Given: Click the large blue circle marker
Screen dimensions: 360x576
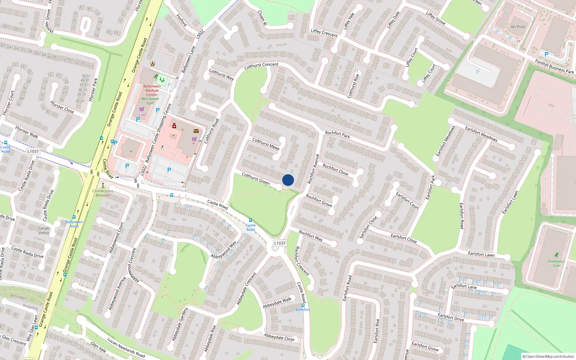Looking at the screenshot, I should (x=288, y=180).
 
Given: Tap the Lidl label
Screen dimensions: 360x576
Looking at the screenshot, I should (x=142, y=115).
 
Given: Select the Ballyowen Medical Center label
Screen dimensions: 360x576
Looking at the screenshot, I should (x=152, y=90).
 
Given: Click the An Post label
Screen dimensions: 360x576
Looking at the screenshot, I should (x=518, y=27).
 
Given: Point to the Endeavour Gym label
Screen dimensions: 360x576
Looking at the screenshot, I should (x=556, y=263).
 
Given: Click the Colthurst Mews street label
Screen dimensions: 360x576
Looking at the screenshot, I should (x=266, y=144).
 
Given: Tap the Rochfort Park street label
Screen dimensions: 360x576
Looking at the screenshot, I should (x=337, y=135).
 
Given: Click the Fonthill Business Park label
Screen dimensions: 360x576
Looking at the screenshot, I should (x=554, y=67).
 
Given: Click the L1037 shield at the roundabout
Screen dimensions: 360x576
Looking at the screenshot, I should (x=280, y=243).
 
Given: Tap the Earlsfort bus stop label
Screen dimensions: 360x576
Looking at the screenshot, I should (x=303, y=310).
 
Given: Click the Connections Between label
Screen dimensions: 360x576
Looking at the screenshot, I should (x=103, y=193).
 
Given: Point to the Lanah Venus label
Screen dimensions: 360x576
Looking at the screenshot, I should (x=44, y=230).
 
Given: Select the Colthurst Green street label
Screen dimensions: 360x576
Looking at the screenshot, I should (x=256, y=179).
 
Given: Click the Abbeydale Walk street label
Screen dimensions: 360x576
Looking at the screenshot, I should (x=277, y=303).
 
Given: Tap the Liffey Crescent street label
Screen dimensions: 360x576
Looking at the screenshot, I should (x=324, y=33).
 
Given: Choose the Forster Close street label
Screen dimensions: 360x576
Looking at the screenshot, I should (x=62, y=107).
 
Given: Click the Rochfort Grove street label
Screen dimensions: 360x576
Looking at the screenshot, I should (x=319, y=201).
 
